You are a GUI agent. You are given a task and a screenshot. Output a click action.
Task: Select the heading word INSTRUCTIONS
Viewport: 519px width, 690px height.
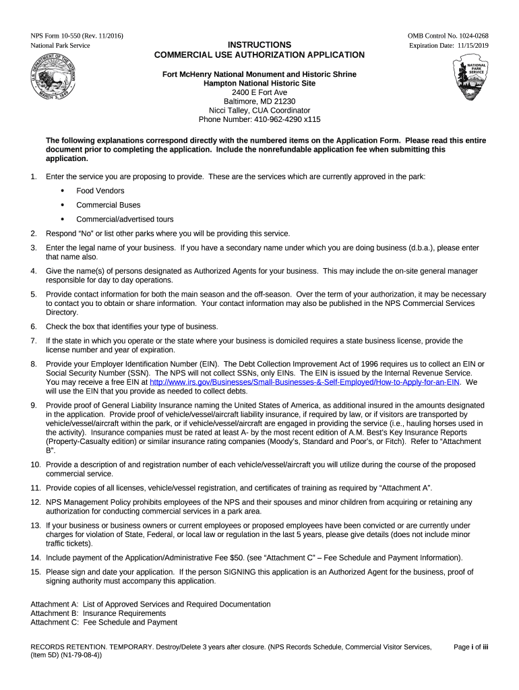point(259,44)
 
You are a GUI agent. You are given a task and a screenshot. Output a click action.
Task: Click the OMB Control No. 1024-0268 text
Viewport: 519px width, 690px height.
point(448,35)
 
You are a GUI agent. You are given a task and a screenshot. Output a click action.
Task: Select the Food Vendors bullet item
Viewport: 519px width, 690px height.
point(100,191)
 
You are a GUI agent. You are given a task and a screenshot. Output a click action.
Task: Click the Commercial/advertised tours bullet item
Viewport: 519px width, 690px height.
point(125,219)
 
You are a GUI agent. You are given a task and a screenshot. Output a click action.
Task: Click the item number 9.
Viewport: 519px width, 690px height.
point(34,405)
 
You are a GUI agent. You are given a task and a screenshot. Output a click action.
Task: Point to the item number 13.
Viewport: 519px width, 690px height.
point(35,525)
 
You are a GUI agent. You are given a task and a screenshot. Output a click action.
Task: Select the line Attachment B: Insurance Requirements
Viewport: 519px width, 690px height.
point(98,613)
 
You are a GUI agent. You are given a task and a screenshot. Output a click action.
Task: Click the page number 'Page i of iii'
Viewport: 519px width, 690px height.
point(470,647)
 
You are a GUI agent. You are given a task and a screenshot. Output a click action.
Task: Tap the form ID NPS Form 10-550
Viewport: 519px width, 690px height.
point(59,35)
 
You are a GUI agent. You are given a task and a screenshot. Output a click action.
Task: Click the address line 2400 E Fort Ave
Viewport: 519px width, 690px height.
point(259,92)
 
